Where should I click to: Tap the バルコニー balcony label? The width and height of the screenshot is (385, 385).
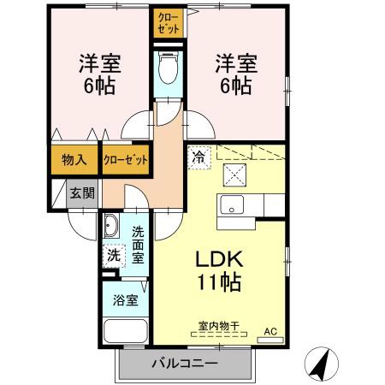tap(184, 364)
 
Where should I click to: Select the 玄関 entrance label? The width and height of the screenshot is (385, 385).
tap(82, 192)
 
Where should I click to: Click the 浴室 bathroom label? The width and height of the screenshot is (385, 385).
tap(124, 300)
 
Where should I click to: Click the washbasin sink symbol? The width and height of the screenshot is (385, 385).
tap(112, 227)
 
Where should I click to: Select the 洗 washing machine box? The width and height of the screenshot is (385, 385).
tap(112, 255)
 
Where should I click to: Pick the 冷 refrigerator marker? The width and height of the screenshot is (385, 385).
tap(198, 157)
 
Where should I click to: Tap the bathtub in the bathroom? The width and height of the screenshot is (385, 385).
tap(124, 334)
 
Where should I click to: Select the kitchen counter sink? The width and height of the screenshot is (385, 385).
tap(233, 207)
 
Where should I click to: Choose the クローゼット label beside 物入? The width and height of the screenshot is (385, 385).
tap(126, 159)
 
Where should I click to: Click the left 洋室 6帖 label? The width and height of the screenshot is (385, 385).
tap(99, 74)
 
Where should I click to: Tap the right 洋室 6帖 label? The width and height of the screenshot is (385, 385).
tap(234, 74)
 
